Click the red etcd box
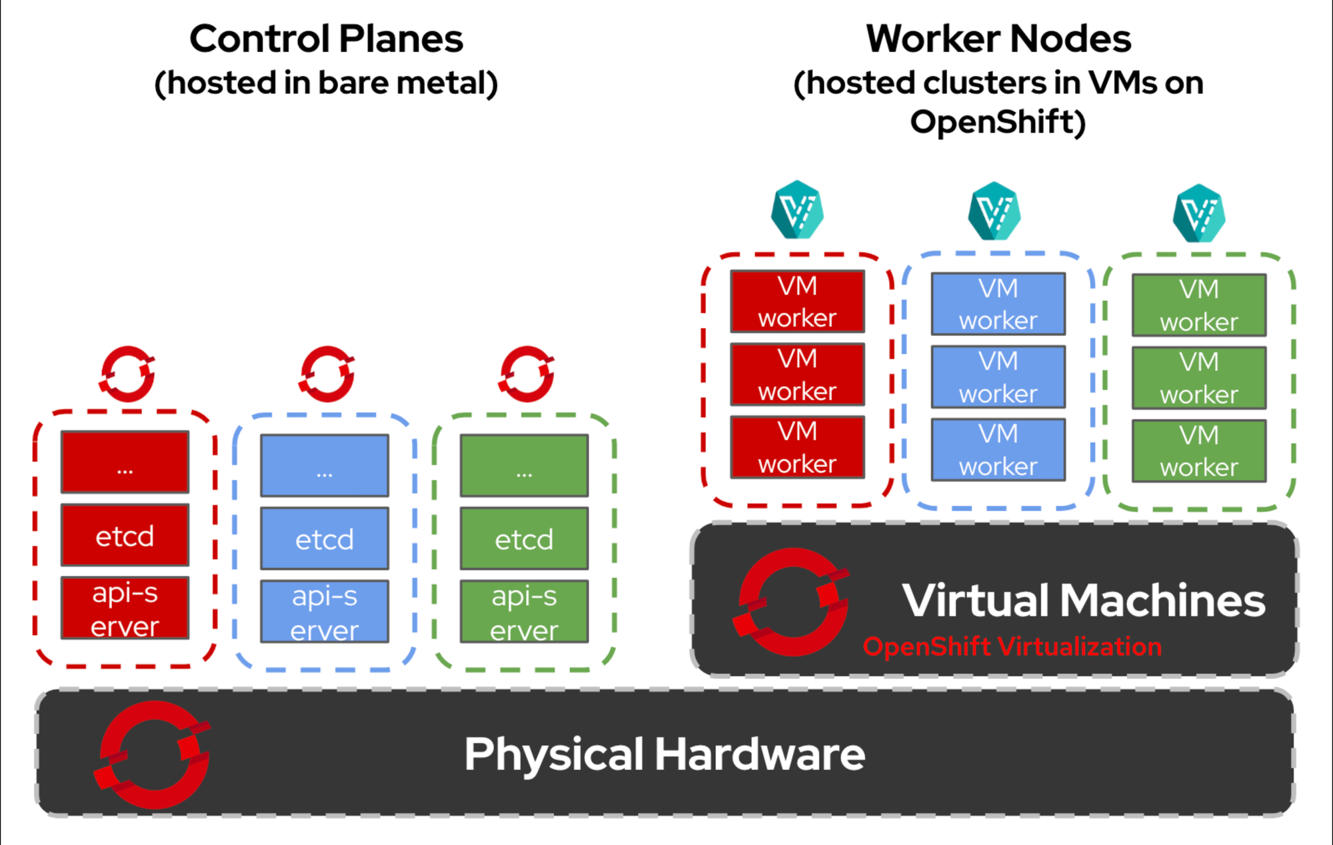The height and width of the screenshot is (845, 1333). point(125,535)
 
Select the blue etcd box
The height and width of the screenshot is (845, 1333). point(325,538)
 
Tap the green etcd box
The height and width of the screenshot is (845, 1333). point(524,538)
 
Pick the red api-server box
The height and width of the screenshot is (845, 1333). point(125,608)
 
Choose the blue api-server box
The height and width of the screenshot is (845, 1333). point(325,612)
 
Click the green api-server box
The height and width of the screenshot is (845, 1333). point(524,612)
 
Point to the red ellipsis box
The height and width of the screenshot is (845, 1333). point(125,462)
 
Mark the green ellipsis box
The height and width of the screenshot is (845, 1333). point(524,466)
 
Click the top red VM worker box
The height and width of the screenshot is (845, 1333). point(797,301)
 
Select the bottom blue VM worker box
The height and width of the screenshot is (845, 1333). point(998,450)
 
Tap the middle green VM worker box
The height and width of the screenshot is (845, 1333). point(1198,378)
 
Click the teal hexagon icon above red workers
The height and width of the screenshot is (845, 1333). point(797,210)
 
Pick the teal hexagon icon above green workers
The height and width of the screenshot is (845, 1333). point(1198,213)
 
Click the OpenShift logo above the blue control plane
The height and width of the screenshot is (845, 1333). point(327,373)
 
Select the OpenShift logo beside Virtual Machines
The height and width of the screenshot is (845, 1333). point(792,602)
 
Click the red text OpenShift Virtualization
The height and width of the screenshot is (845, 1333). point(1012,647)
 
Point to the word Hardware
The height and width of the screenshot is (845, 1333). point(760,754)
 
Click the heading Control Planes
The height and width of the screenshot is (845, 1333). point(326,39)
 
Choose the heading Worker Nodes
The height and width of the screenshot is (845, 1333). point(998,39)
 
